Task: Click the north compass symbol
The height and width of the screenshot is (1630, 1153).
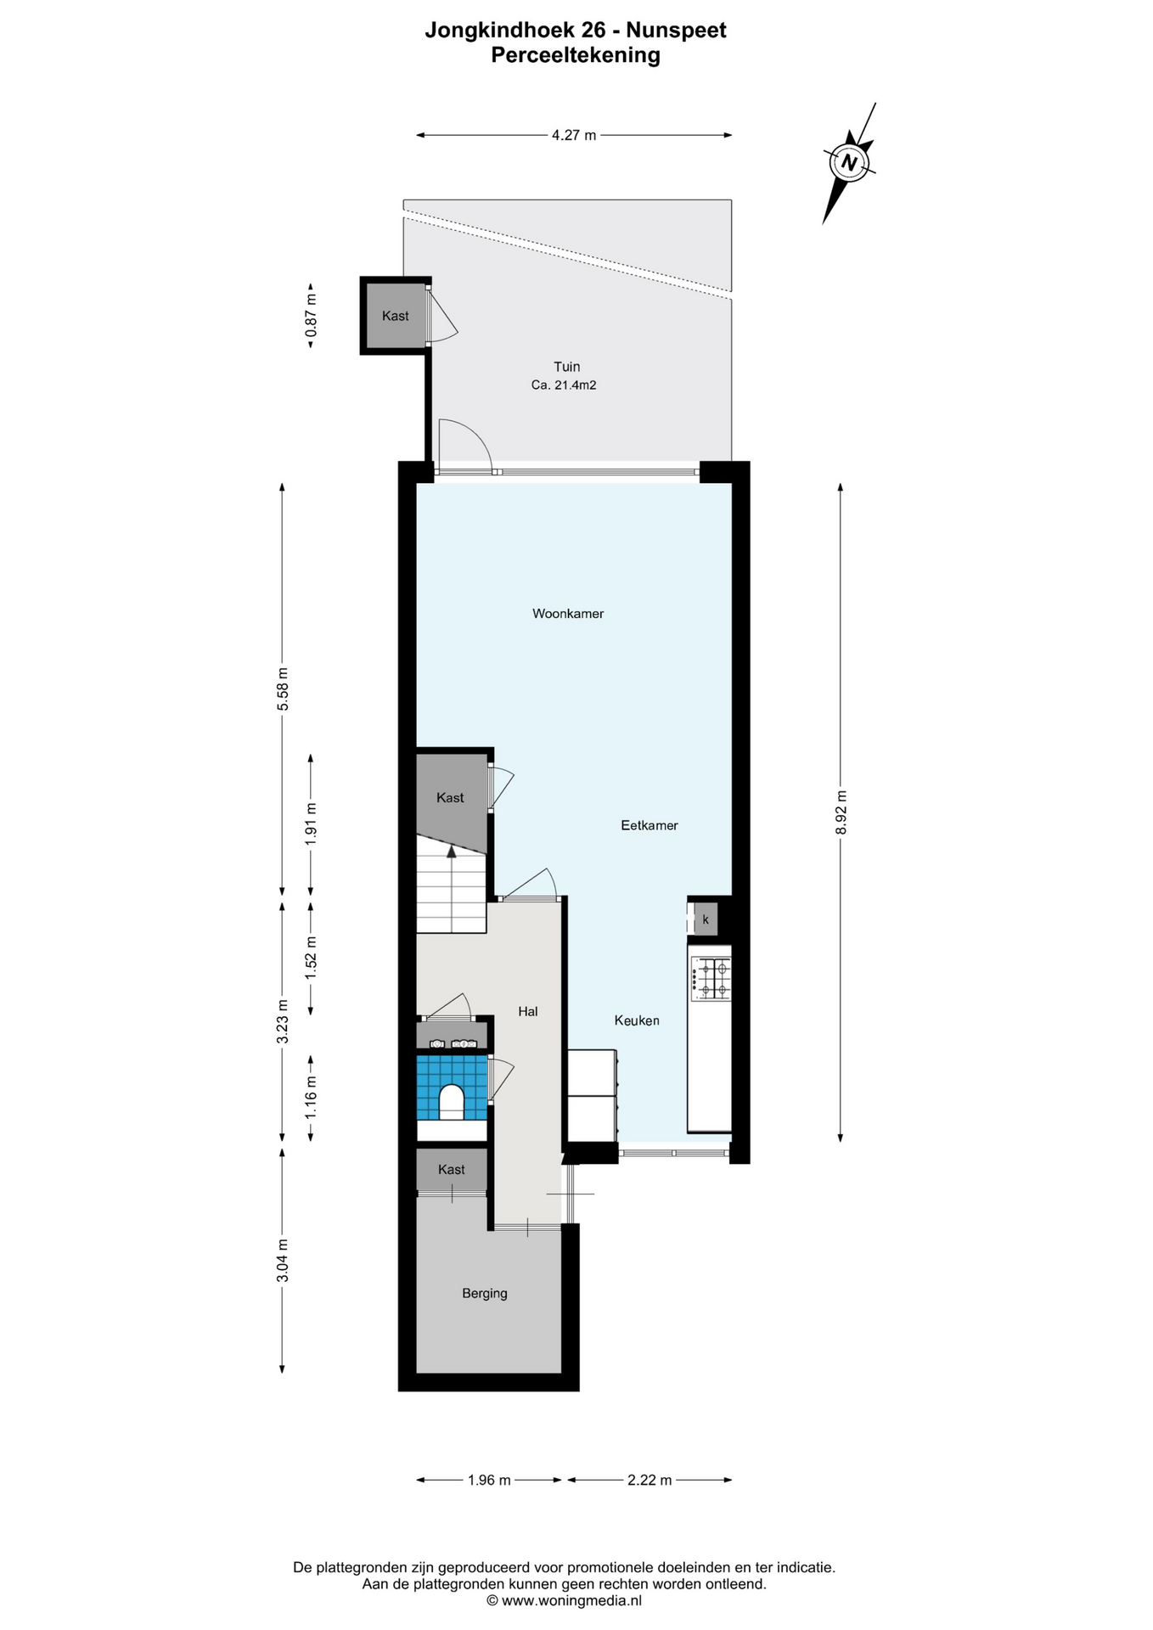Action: (849, 161)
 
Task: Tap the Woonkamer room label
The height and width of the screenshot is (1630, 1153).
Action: (568, 614)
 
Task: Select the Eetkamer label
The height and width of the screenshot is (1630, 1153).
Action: (650, 825)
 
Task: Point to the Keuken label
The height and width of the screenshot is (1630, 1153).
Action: (637, 1020)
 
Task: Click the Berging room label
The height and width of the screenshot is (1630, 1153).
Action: (485, 1294)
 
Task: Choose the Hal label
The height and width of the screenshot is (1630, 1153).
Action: (528, 1011)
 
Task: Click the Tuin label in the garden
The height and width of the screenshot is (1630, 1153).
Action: (567, 367)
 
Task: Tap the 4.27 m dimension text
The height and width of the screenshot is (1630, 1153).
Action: (574, 135)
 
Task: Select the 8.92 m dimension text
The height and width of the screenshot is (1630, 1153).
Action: (841, 812)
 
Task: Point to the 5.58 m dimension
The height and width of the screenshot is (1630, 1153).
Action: (283, 689)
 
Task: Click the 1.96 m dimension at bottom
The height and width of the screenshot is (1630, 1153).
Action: (489, 1480)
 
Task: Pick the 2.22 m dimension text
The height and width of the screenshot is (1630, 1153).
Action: (650, 1480)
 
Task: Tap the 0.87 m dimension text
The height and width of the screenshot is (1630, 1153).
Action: (311, 315)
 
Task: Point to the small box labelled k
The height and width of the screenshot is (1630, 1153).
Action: (706, 919)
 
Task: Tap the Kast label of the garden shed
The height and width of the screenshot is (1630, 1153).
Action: (396, 316)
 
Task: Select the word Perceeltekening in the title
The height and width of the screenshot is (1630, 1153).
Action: (576, 55)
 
